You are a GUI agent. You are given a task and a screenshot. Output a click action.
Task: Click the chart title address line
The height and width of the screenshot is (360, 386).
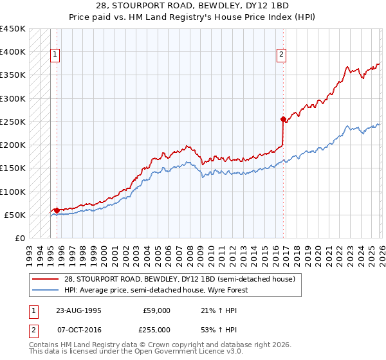pos(193,5)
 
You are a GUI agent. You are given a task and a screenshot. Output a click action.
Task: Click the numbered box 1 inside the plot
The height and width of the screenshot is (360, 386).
pos(56,55)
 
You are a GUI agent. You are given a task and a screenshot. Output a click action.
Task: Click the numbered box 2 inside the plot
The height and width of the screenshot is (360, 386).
pos(282,55)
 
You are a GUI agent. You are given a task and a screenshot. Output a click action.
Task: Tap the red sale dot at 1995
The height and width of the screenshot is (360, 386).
pos(57,210)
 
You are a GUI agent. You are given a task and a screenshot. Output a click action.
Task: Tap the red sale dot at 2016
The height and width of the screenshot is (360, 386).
pos(283,119)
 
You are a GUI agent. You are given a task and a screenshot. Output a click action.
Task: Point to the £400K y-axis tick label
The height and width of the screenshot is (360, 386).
pos(13,52)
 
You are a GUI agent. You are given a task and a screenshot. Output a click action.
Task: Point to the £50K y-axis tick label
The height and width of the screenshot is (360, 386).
pos(15,215)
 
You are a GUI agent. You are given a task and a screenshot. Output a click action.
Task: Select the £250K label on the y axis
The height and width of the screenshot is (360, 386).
pos(13,122)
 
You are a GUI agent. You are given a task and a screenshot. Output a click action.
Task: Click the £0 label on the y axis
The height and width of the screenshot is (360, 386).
pos(20,238)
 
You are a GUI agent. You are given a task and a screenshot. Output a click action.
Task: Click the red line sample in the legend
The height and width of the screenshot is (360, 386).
pos(46,280)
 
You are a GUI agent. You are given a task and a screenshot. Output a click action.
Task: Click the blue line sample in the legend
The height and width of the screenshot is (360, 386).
pos(46,290)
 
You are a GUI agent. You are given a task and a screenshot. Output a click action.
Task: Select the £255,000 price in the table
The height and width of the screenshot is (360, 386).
pos(157,329)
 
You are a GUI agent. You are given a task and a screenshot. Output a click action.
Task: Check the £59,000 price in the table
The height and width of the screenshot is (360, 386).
pos(157,310)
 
